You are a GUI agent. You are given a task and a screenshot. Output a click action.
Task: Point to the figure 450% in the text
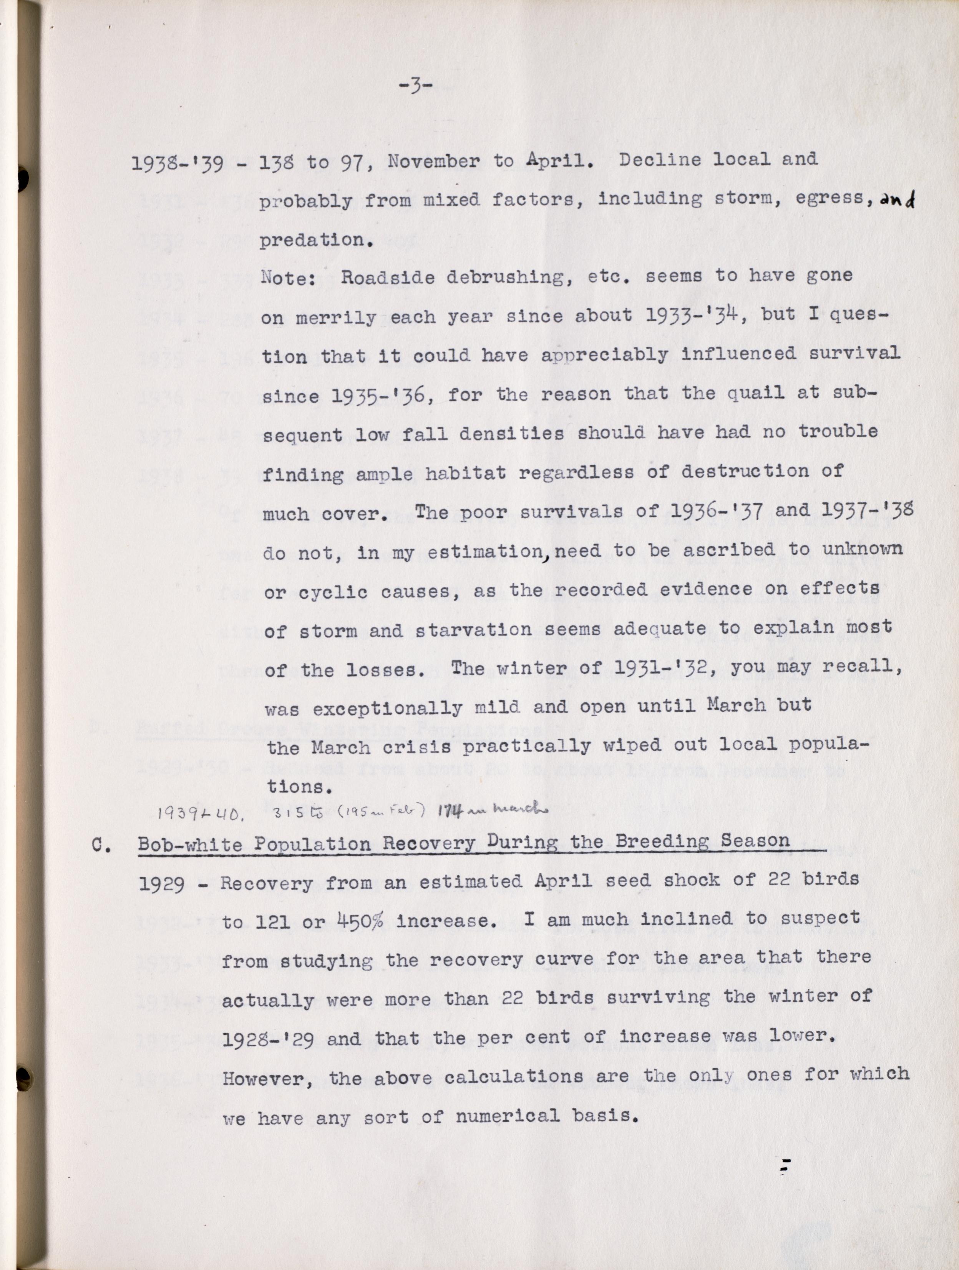pyautogui.click(x=360, y=921)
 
